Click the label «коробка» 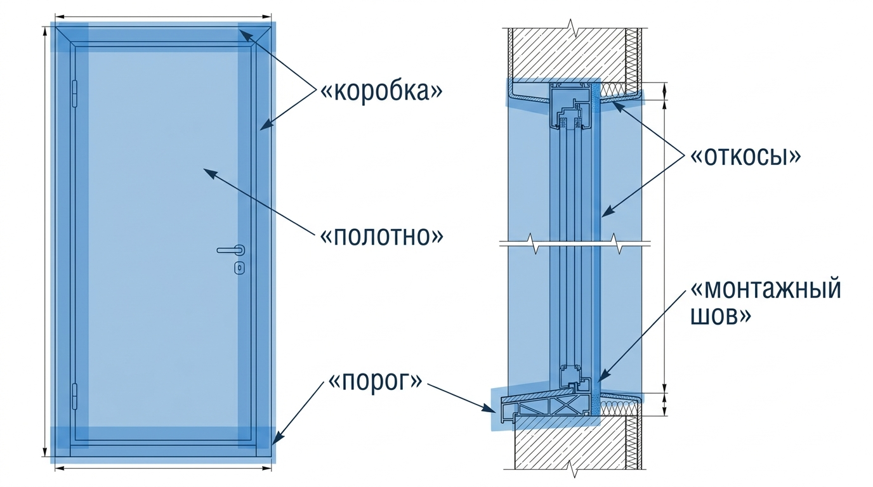(381, 91)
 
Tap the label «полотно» (381, 236)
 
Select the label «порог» (376, 381)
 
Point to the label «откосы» (745, 157)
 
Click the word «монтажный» (765, 289)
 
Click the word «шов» (721, 316)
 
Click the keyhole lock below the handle (239, 268)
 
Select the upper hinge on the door (75, 93)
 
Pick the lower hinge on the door (75, 396)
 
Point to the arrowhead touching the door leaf (209, 172)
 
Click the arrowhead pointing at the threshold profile (489, 408)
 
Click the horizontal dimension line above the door (163, 16)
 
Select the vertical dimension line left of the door (45, 242)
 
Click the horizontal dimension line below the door (163, 468)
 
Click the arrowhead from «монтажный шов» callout (603, 375)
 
